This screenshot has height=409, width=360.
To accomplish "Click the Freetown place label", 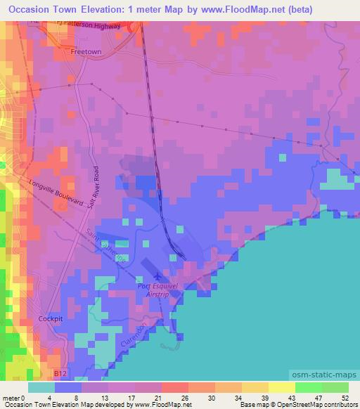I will [87, 51].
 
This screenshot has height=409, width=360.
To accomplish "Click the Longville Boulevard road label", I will [57, 192].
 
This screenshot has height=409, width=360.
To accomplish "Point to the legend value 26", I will [184, 397].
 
